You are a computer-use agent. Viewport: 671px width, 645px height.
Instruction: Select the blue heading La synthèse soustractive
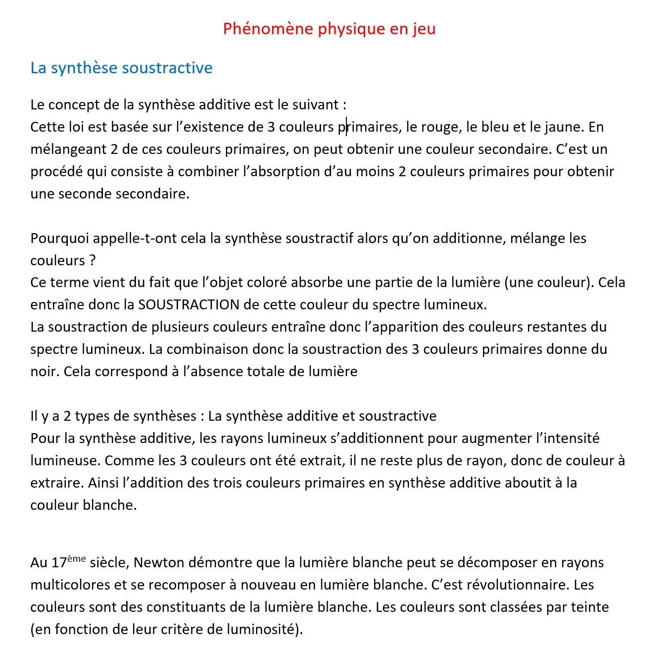pyautogui.click(x=121, y=68)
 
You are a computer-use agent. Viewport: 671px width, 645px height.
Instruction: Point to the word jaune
pyautogui.click(x=562, y=127)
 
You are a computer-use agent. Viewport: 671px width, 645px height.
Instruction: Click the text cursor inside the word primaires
pyautogui.click(x=346, y=127)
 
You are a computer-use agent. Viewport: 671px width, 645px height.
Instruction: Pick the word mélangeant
pyautogui.click(x=68, y=149)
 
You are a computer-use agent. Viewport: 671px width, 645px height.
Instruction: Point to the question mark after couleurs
pyautogui.click(x=93, y=261)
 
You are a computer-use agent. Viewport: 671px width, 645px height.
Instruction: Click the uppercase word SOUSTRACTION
pyautogui.click(x=189, y=305)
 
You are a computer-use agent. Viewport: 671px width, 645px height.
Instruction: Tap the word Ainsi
pyautogui.click(x=100, y=483)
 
